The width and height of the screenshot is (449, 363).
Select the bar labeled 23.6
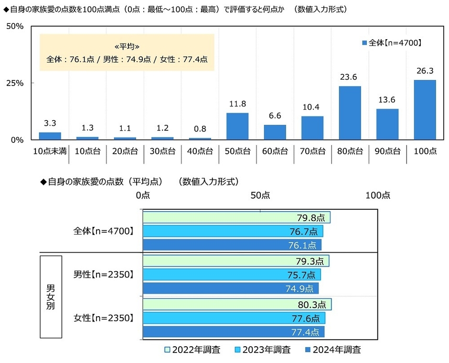pyautogui.click(x=350, y=113)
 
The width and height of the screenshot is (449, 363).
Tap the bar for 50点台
pyautogui.click(x=237, y=126)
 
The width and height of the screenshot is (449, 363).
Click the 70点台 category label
pyautogui.click(x=312, y=151)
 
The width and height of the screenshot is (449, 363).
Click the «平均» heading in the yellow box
pyautogui.click(x=127, y=47)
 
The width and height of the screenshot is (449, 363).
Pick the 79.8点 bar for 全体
pyautogui.click(x=236, y=218)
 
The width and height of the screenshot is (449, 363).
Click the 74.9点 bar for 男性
pyautogui.click(x=230, y=288)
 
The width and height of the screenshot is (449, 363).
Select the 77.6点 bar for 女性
pyautogui.click(x=234, y=318)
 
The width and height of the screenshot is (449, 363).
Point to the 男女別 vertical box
pyautogui.click(x=50, y=297)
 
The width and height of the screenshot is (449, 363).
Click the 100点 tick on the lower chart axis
pyautogui.click(x=378, y=195)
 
